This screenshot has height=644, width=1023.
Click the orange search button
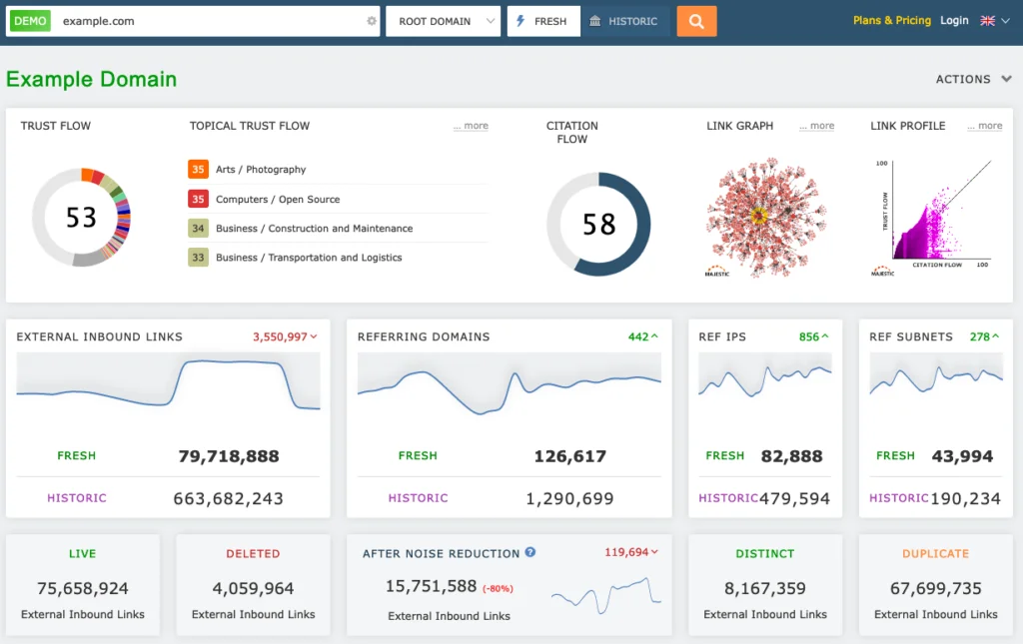click(x=696, y=21)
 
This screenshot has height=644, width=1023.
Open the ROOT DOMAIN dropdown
click(x=443, y=21)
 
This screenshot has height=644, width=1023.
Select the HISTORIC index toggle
click(x=624, y=21)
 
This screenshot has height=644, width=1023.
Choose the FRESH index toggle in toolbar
click(x=542, y=21)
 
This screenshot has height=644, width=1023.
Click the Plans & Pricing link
click(x=891, y=20)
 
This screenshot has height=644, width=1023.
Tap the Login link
click(x=954, y=20)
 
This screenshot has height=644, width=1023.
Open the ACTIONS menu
click(x=972, y=79)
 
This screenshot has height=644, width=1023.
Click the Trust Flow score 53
click(x=81, y=217)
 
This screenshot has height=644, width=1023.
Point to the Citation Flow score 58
click(x=598, y=225)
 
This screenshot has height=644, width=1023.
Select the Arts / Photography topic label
click(x=261, y=170)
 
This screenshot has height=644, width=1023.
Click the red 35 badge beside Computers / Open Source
click(x=198, y=199)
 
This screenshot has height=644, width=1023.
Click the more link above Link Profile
click(x=984, y=126)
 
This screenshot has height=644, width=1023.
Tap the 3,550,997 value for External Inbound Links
click(x=280, y=337)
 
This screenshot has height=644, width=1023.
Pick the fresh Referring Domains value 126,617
click(x=569, y=456)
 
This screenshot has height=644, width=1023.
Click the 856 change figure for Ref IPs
click(x=809, y=337)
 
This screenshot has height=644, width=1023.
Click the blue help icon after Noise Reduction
click(x=530, y=552)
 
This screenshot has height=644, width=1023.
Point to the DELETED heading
click(x=253, y=553)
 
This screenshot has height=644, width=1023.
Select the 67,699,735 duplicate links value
click(x=935, y=589)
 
